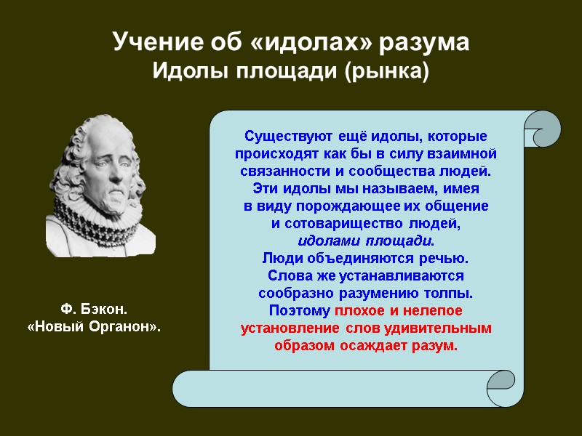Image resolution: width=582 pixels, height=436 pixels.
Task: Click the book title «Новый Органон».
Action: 93,328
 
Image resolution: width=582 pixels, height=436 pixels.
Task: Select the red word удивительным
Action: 447,328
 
